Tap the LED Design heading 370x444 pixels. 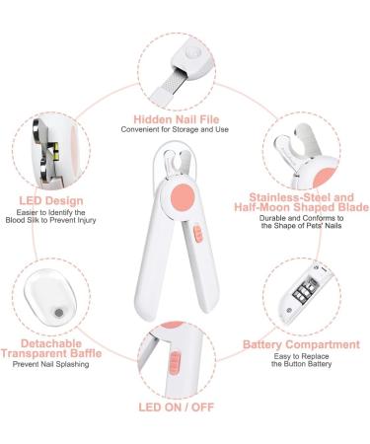click(49, 200)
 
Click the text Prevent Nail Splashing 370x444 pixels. click(48, 365)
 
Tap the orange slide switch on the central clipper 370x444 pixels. click(195, 235)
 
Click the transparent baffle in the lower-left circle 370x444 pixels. click(49, 306)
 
